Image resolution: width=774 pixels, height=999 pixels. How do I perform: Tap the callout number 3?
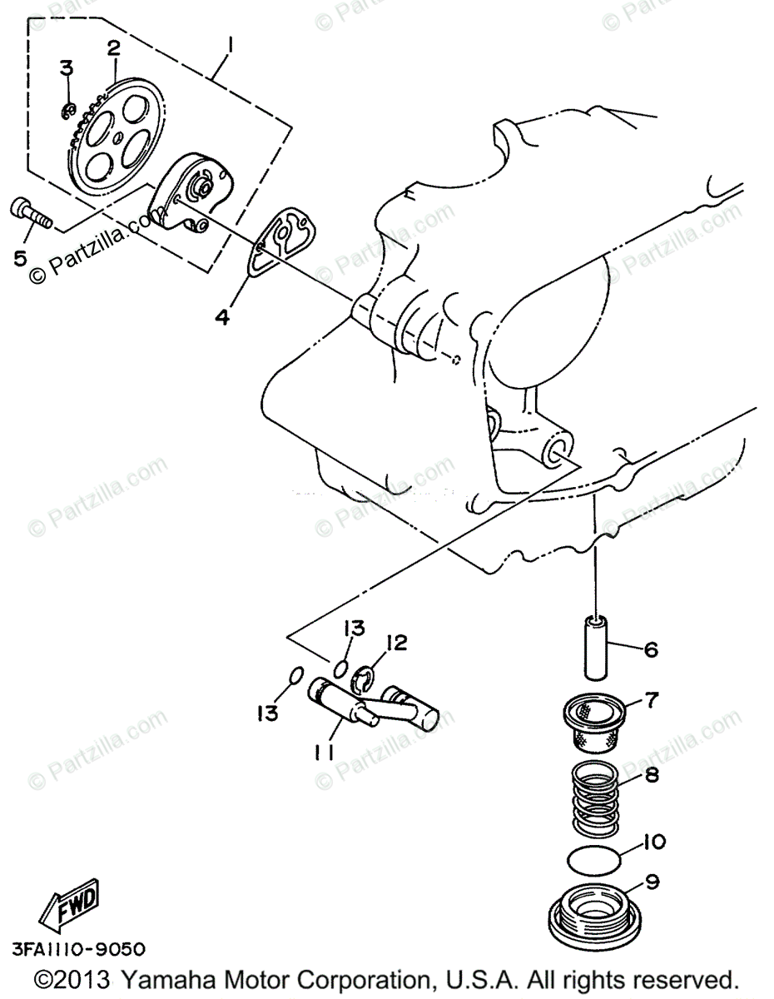point(66,69)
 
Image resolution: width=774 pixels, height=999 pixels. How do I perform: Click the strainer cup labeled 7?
point(592,721)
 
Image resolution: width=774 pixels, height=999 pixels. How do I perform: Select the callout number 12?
point(396,643)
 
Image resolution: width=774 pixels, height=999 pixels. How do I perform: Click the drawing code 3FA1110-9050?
point(78,949)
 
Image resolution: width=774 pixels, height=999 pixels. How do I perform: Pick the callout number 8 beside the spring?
point(652,776)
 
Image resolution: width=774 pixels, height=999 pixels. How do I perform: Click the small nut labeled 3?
point(71,108)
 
